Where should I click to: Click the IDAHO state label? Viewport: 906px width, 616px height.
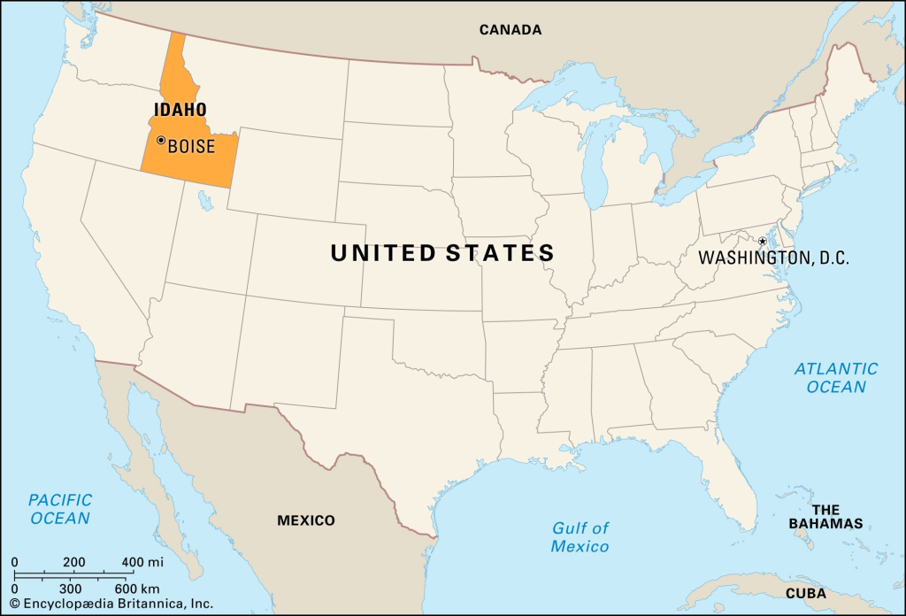click(x=180, y=110)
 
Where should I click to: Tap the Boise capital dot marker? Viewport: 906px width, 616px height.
click(x=161, y=140)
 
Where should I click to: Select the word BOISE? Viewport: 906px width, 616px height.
click(x=191, y=147)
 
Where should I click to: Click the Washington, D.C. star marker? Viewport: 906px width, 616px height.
click(x=763, y=241)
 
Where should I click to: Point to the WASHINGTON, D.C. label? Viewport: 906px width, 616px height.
click(x=773, y=258)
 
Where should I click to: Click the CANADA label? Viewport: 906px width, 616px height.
click(x=511, y=30)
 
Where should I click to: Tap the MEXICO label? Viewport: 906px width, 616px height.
click(x=306, y=520)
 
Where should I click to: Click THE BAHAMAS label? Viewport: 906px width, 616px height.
click(x=825, y=517)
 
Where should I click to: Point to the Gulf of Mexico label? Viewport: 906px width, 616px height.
click(x=580, y=537)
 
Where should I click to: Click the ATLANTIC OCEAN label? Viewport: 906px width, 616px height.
click(x=836, y=377)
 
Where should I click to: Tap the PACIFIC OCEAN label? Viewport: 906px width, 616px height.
click(x=60, y=509)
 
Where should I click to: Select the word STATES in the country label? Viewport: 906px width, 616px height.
click(x=500, y=253)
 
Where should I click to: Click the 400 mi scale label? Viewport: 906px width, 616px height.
click(x=143, y=562)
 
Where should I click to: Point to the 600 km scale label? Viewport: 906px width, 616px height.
click(x=137, y=589)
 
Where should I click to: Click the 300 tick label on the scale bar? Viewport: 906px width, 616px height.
click(x=70, y=589)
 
